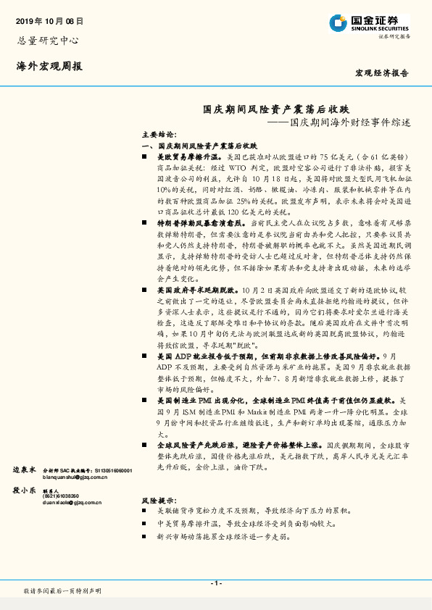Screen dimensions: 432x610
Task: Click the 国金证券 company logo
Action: [x=370, y=23]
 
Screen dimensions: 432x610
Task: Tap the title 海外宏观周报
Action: [x=49, y=66]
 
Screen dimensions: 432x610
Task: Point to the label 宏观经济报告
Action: [x=381, y=73]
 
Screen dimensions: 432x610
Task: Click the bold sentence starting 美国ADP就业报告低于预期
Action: [x=266, y=357]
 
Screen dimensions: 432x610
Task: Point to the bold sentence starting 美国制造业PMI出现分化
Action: [x=273, y=399]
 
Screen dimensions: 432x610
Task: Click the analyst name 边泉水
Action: [x=24, y=470]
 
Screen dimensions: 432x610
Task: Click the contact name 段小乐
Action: [x=24, y=490]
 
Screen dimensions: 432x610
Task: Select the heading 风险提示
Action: [x=158, y=501]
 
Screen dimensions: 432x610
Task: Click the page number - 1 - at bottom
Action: [x=215, y=583]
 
